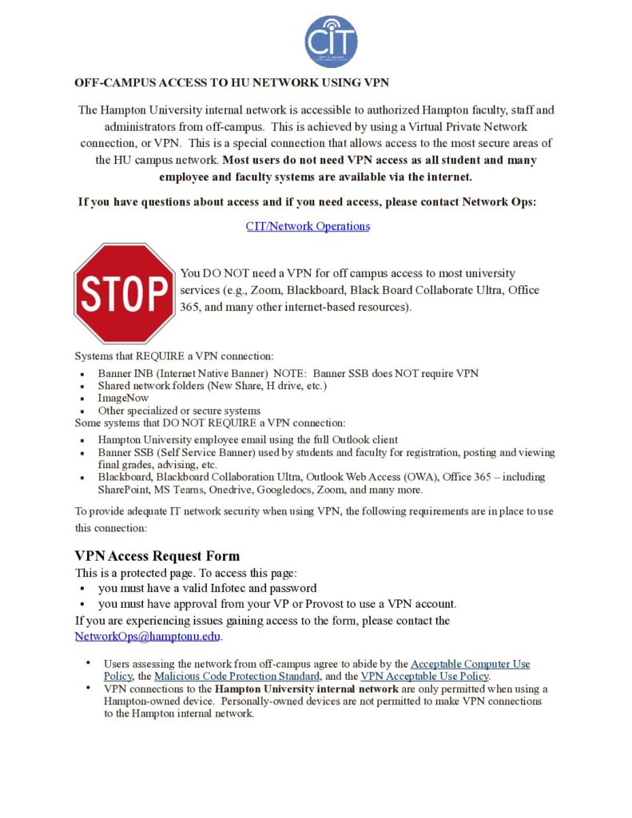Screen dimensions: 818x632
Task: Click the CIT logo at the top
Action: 331,41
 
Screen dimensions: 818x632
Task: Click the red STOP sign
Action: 125,293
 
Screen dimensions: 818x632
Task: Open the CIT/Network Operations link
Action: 308,226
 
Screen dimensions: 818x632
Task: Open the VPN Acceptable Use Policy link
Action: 424,676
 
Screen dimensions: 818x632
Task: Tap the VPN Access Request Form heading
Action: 157,556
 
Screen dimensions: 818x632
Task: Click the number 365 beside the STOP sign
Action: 191,307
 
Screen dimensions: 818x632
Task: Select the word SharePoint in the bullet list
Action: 122,490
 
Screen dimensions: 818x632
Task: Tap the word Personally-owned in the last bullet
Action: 267,701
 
